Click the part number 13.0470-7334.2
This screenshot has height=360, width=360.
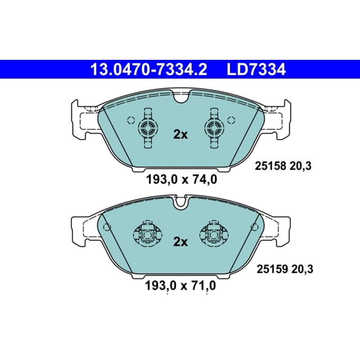click(149, 70)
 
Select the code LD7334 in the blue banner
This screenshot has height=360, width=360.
click(256, 70)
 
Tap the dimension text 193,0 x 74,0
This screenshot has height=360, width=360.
click(181, 179)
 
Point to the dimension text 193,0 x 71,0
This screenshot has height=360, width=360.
click(180, 286)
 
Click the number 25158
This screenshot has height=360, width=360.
click(271, 166)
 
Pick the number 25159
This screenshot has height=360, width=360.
click(272, 269)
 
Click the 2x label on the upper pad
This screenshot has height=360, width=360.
click(180, 135)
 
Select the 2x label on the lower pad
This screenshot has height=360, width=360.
click(180, 242)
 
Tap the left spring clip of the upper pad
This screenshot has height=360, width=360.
click(148, 128)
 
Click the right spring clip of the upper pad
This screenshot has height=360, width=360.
click(214, 128)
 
